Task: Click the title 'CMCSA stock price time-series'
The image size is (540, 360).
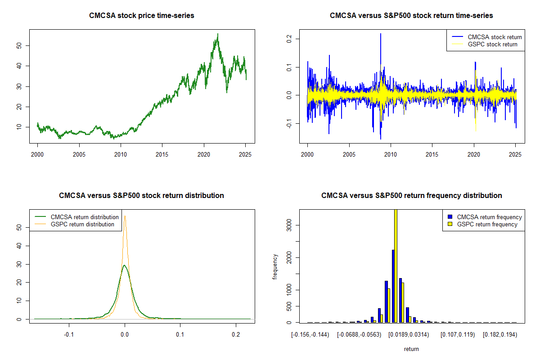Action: click(142, 16)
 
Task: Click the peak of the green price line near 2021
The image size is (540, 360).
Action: click(218, 34)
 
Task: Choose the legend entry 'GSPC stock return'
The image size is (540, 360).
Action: click(492, 44)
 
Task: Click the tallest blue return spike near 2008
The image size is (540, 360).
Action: click(381, 34)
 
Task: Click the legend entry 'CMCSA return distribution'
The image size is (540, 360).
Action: click(85, 217)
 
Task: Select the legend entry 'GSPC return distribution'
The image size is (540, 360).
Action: click(82, 224)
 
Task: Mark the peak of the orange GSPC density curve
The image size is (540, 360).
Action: click(125, 216)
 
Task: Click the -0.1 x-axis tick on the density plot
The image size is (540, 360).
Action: click(69, 335)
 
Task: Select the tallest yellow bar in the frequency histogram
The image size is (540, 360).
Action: click(396, 265)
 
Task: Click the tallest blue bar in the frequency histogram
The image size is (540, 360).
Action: click(393, 286)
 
